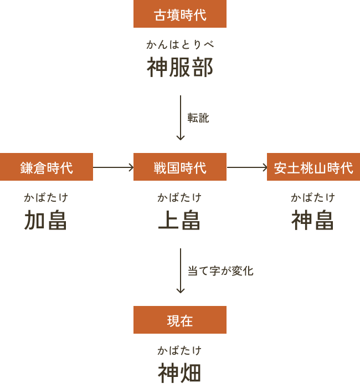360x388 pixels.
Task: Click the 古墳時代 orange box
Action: pyautogui.click(x=180, y=14)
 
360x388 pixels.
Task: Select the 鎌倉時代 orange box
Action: pyautogui.click(x=47, y=167)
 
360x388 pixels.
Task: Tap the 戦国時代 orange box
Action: pyautogui.click(x=180, y=167)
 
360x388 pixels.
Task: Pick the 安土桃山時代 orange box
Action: pyautogui.click(x=313, y=167)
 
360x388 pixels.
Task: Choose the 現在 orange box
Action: pyautogui.click(x=180, y=320)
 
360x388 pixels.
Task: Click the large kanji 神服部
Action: pyautogui.click(x=180, y=67)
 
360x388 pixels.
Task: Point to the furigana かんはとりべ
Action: pyautogui.click(x=180, y=44)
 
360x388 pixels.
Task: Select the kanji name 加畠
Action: pyautogui.click(x=45, y=220)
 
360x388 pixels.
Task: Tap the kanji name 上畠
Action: pyautogui.click(x=179, y=220)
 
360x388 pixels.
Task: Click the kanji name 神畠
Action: pyautogui.click(x=312, y=220)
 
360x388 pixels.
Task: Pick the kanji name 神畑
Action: pyautogui.click(x=179, y=373)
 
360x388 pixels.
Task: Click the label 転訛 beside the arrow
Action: pyautogui.click(x=198, y=118)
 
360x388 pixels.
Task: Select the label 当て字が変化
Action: pyautogui.click(x=220, y=270)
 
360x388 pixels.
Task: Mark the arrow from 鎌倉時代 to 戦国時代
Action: pyautogui.click(x=113, y=167)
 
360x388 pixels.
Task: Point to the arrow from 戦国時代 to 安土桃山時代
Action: pyautogui.click(x=247, y=167)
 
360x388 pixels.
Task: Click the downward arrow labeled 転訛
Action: pyautogui.click(x=181, y=118)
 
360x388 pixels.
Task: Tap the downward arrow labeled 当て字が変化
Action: pyautogui.click(x=181, y=270)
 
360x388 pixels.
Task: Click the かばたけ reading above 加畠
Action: pyautogui.click(x=46, y=197)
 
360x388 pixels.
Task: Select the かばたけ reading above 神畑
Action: pyautogui.click(x=179, y=350)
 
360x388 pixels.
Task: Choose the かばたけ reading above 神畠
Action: pyautogui.click(x=313, y=197)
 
